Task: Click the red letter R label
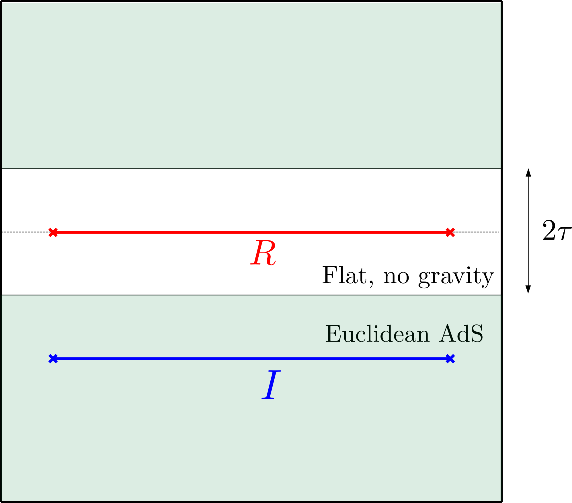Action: pos(263,253)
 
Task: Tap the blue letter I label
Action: pos(270,385)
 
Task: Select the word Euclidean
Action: pos(377,334)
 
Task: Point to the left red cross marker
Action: pos(53,232)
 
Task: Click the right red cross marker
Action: pos(450,232)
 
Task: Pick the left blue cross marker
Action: pos(53,359)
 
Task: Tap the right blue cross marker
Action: pos(450,359)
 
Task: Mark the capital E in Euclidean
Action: pos(333,334)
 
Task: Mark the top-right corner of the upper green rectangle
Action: pos(500,3)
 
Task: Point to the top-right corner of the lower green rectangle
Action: pos(500,296)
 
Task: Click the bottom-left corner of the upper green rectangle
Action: pos(2,168)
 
